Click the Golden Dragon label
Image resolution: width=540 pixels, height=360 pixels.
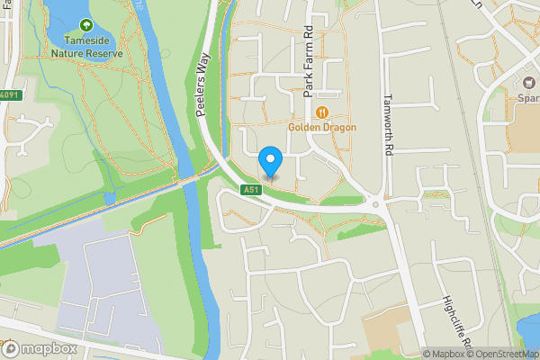coord(322,128)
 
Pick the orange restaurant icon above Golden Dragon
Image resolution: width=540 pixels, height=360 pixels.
coord(322,112)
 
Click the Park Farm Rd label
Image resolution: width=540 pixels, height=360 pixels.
coord(308,60)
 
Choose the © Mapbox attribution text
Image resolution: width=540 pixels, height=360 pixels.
coord(446,354)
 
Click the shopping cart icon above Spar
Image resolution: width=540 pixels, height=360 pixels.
coord(527,83)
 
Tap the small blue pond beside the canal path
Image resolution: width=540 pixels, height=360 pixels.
coord(110,197)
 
